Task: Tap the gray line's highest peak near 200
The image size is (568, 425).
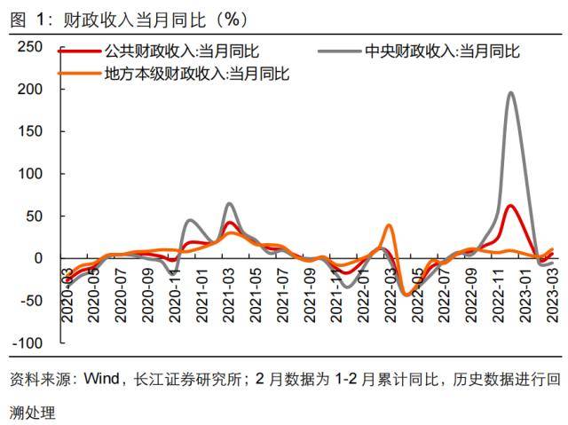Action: (511, 92)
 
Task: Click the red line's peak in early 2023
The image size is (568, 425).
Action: (511, 206)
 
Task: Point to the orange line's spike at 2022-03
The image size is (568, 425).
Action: (389, 225)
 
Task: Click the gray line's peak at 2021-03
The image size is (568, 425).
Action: (229, 204)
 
